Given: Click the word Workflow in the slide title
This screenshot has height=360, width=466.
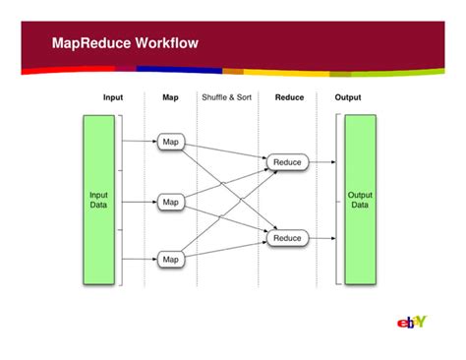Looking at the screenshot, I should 164,43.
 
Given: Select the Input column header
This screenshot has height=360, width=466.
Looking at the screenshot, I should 113,97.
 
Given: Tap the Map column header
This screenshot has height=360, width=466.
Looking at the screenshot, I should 170,97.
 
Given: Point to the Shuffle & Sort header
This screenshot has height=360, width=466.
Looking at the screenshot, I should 227,97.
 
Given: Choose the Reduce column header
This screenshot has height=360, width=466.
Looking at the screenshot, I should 289,97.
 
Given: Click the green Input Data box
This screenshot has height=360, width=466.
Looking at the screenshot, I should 99,200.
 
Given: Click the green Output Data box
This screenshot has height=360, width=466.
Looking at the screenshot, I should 360,200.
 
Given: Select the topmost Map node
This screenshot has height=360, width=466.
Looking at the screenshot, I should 171,142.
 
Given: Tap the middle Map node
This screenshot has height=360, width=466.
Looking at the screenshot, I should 171,201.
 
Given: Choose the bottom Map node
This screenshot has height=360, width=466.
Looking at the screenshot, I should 171,259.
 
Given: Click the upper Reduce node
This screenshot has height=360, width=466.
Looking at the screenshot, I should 287,161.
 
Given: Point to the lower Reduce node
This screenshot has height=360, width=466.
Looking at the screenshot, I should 287,238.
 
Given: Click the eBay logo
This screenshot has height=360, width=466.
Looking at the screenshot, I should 412,323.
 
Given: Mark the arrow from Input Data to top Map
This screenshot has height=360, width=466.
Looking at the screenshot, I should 139,142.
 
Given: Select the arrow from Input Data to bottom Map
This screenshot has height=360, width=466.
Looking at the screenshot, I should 139,259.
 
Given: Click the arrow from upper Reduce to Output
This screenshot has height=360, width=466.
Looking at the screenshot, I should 322,161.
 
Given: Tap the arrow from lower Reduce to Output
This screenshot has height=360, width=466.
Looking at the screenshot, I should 322,238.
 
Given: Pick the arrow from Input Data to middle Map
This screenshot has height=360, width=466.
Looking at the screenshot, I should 139,201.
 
